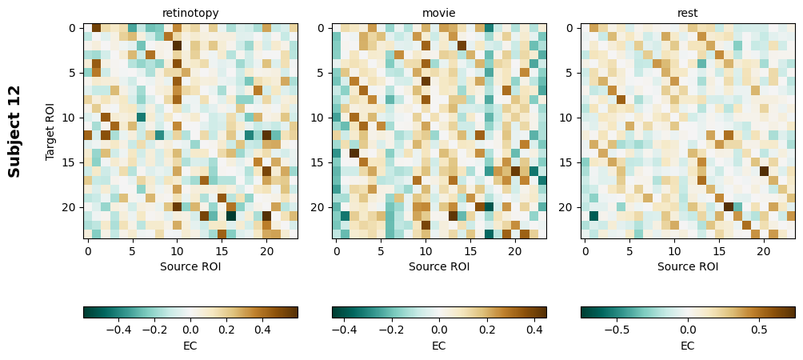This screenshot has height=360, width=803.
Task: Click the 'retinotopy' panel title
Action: point(190,13)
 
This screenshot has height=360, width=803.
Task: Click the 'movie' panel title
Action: point(439,13)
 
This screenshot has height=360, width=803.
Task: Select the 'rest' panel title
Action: point(688,13)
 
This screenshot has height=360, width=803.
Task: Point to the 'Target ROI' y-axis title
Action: point(50,130)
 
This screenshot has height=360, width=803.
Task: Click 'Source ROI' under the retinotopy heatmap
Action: point(190,266)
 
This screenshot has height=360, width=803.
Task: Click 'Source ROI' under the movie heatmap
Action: point(439,266)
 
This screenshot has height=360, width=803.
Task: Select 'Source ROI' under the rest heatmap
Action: point(688,266)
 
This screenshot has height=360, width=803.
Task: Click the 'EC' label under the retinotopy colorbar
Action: point(190,346)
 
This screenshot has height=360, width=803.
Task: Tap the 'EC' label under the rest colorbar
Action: point(688,346)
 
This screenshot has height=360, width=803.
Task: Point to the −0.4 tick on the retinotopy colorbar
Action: point(118,329)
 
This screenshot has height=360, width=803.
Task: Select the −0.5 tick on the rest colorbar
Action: point(617,329)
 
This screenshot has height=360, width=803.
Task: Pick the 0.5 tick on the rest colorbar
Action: point(759,329)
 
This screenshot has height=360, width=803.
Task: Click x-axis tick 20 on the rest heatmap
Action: point(764,250)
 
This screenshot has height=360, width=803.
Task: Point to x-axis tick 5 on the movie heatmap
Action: point(382,250)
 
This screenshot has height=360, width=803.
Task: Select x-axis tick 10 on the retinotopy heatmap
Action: point(177,250)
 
